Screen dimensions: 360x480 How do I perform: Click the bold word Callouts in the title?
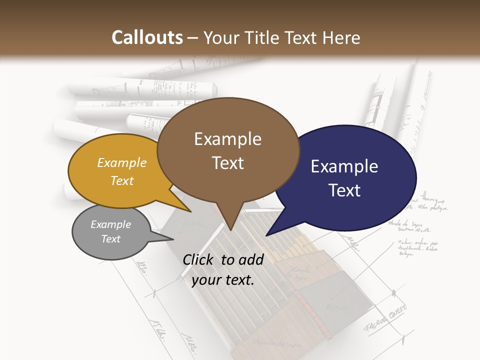(x=147, y=37)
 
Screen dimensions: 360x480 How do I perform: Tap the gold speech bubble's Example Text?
(x=122, y=171)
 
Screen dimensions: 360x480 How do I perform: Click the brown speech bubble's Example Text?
(x=227, y=150)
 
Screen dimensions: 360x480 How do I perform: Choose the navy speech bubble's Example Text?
(x=344, y=178)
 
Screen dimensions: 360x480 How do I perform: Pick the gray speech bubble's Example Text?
(x=110, y=231)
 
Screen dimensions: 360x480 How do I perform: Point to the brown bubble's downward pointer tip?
(x=230, y=230)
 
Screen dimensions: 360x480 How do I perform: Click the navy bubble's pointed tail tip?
(x=266, y=235)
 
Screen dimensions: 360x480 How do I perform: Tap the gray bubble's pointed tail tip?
(x=172, y=239)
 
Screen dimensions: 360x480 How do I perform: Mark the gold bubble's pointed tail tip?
(x=190, y=211)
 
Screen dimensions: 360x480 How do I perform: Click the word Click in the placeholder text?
(x=199, y=259)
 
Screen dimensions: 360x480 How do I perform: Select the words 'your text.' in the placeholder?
(x=223, y=280)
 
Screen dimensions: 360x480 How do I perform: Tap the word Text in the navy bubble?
(x=345, y=190)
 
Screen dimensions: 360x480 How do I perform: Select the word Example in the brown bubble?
(x=227, y=138)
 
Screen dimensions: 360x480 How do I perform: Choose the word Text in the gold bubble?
(x=122, y=180)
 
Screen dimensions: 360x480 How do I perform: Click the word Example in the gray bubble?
(x=110, y=224)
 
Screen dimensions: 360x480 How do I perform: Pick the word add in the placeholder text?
(x=251, y=259)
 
